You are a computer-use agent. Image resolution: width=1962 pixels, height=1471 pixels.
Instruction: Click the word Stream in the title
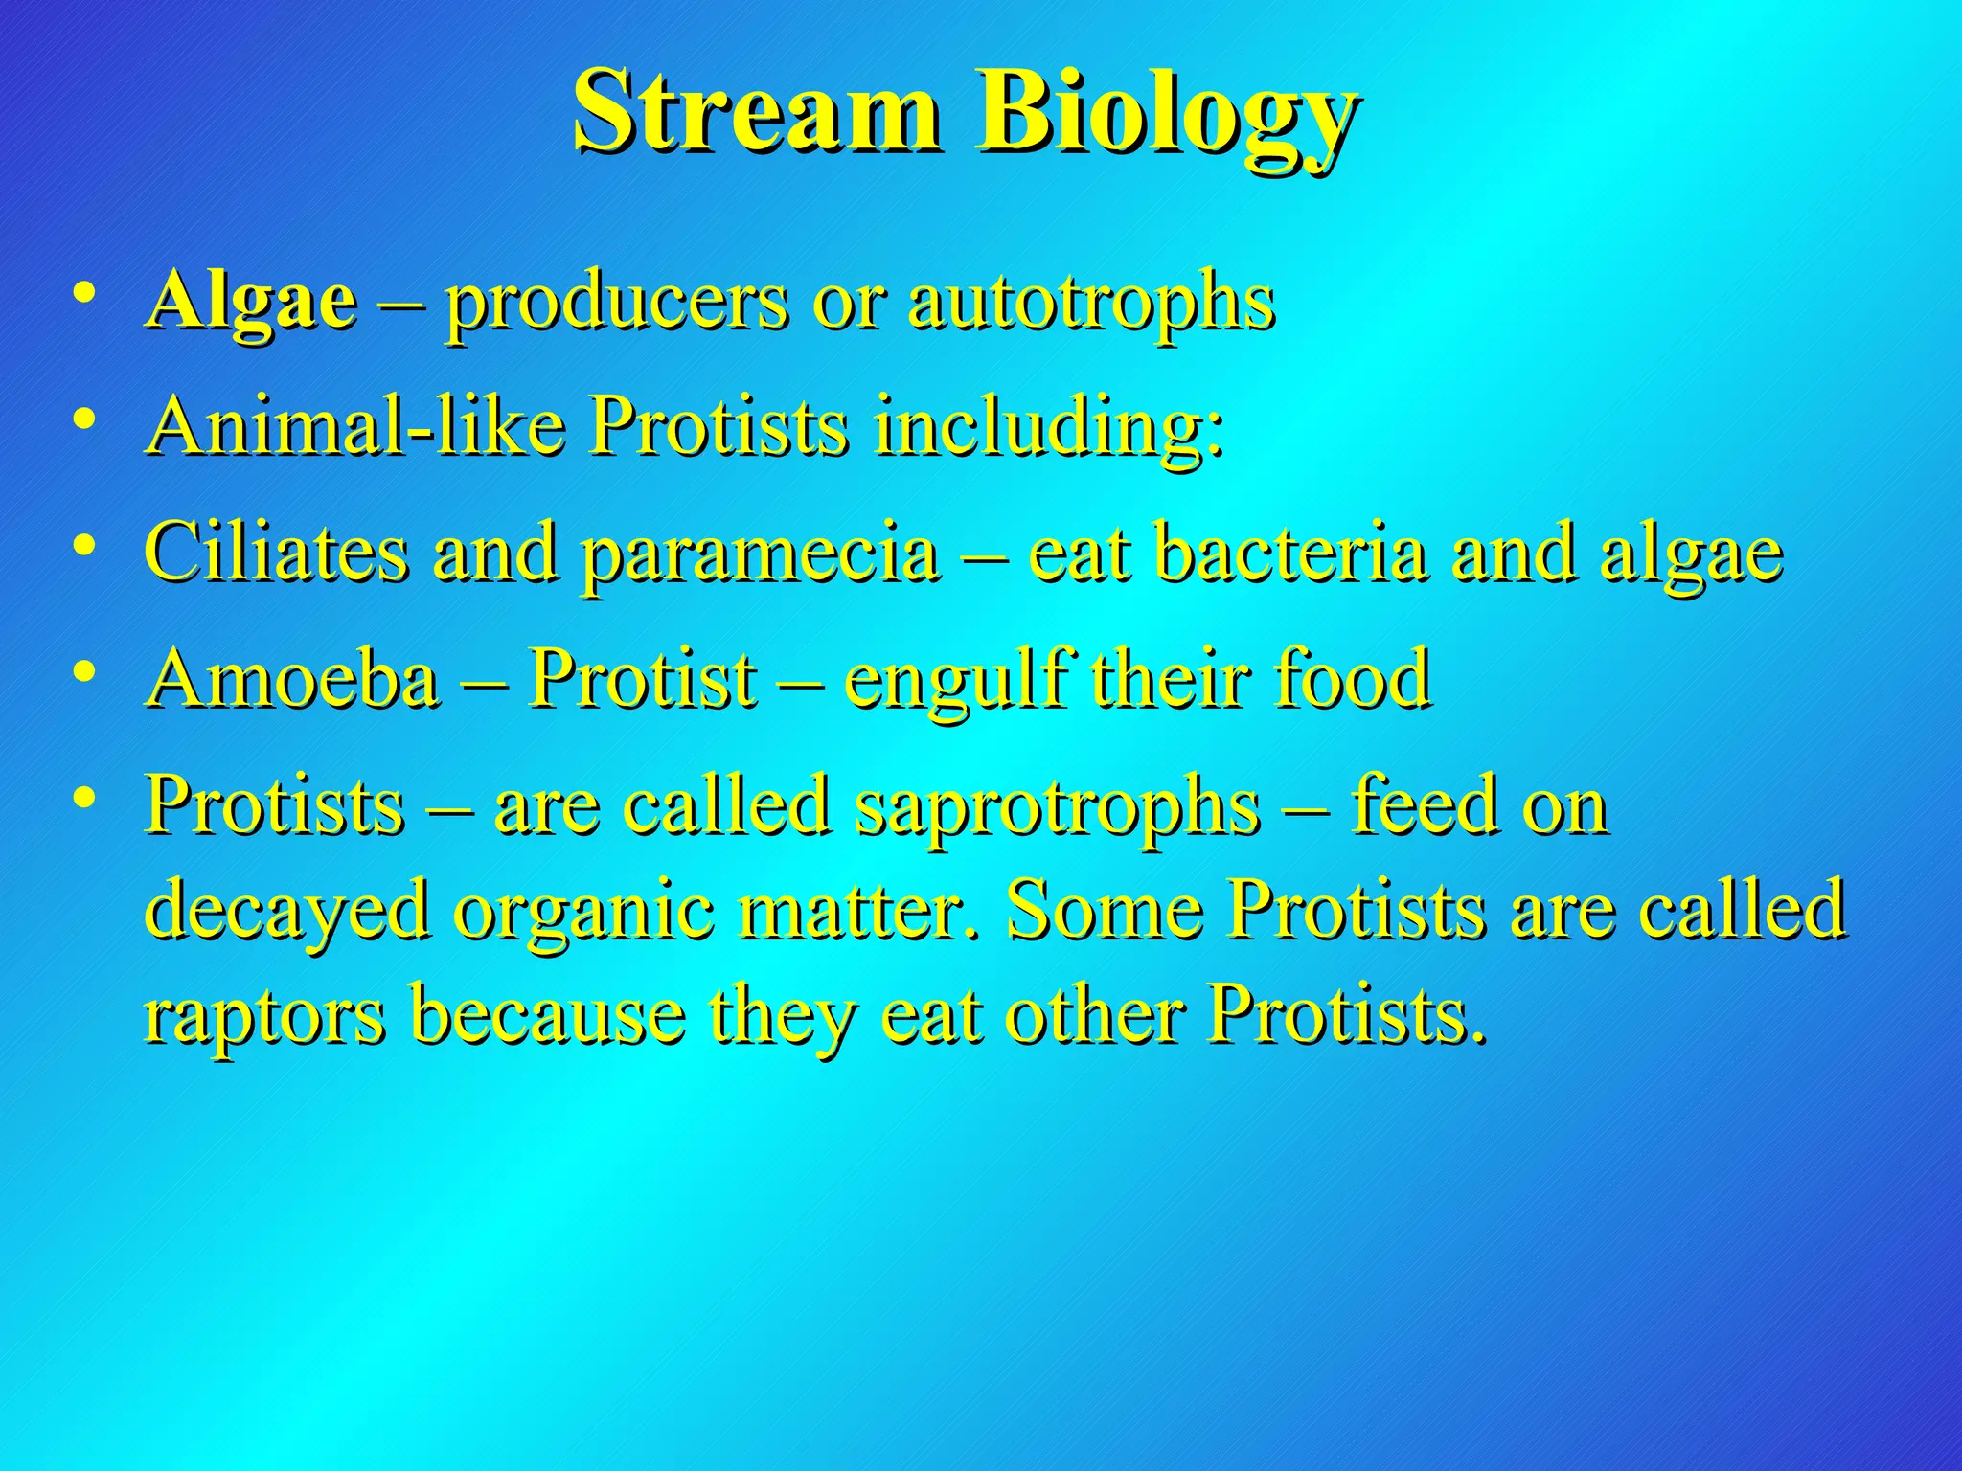[x=755, y=113]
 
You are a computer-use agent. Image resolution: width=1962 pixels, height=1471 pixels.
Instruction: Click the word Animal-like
[x=355, y=426]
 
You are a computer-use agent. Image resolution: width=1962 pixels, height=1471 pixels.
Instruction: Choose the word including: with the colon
[x=1049, y=428]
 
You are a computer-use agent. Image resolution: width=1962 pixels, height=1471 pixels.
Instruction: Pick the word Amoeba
[x=294, y=678]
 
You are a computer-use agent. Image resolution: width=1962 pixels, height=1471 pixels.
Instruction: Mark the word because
[x=548, y=1015]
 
